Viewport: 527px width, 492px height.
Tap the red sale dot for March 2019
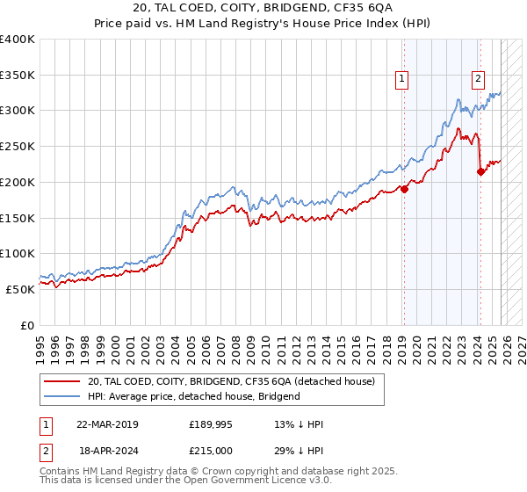tap(404, 188)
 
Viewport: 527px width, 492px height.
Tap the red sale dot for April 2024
tap(480, 172)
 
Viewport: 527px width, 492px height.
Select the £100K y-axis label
tap(18, 253)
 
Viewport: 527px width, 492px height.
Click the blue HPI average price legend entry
tap(193, 396)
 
